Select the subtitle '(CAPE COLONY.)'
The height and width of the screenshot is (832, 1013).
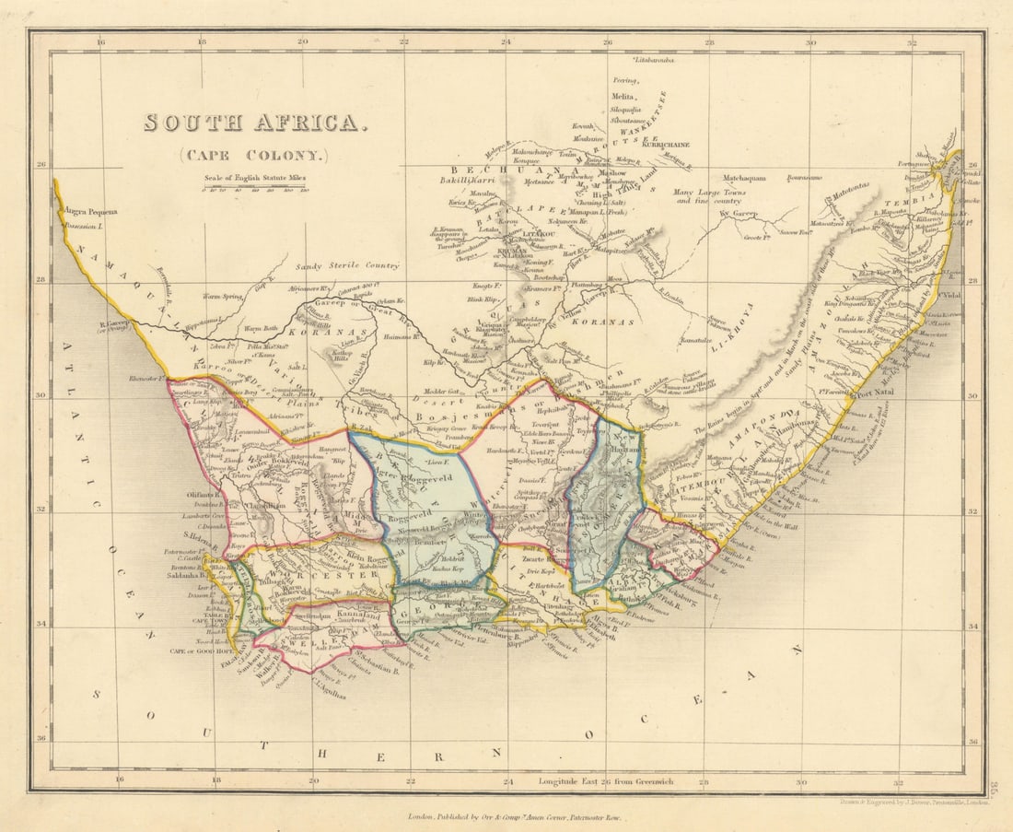coord(253,156)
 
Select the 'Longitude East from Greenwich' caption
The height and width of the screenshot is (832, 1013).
coord(605,781)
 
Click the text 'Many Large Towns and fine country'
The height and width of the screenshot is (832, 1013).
coord(709,195)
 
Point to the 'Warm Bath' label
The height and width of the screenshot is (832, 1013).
coord(261,328)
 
